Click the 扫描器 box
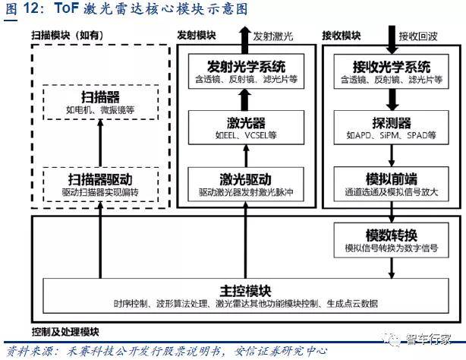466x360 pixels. coord(99,104)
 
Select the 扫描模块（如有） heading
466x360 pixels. coord(68,35)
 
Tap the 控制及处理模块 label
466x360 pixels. coord(65,332)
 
